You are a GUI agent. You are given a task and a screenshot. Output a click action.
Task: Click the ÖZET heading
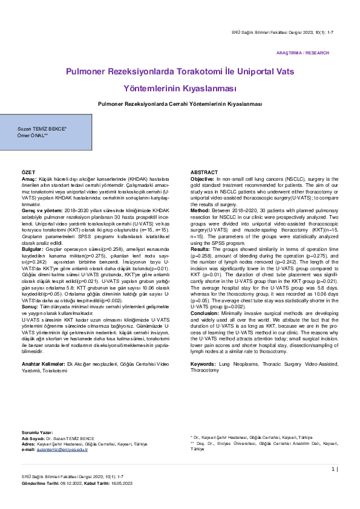pyautogui.click(x=28, y=173)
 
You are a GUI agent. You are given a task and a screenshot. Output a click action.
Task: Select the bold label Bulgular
pyautogui.click(x=33, y=249)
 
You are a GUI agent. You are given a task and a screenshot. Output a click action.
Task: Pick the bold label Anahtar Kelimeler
pyautogui.click(x=43, y=364)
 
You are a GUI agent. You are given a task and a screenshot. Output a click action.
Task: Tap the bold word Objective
pyautogui.click(x=202, y=180)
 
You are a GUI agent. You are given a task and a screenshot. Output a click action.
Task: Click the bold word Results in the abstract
pyautogui.click(x=200, y=249)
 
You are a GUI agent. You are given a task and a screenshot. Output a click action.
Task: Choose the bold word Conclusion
pyautogui.click(x=205, y=313)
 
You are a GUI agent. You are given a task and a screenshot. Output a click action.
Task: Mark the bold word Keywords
pyautogui.click(x=203, y=364)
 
